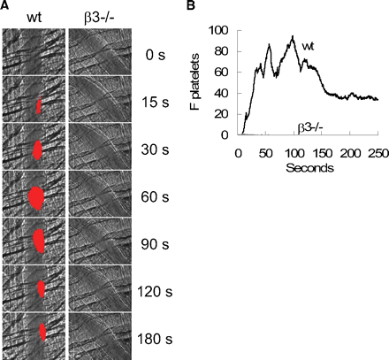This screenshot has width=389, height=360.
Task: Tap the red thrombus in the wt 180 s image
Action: tap(42, 333)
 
